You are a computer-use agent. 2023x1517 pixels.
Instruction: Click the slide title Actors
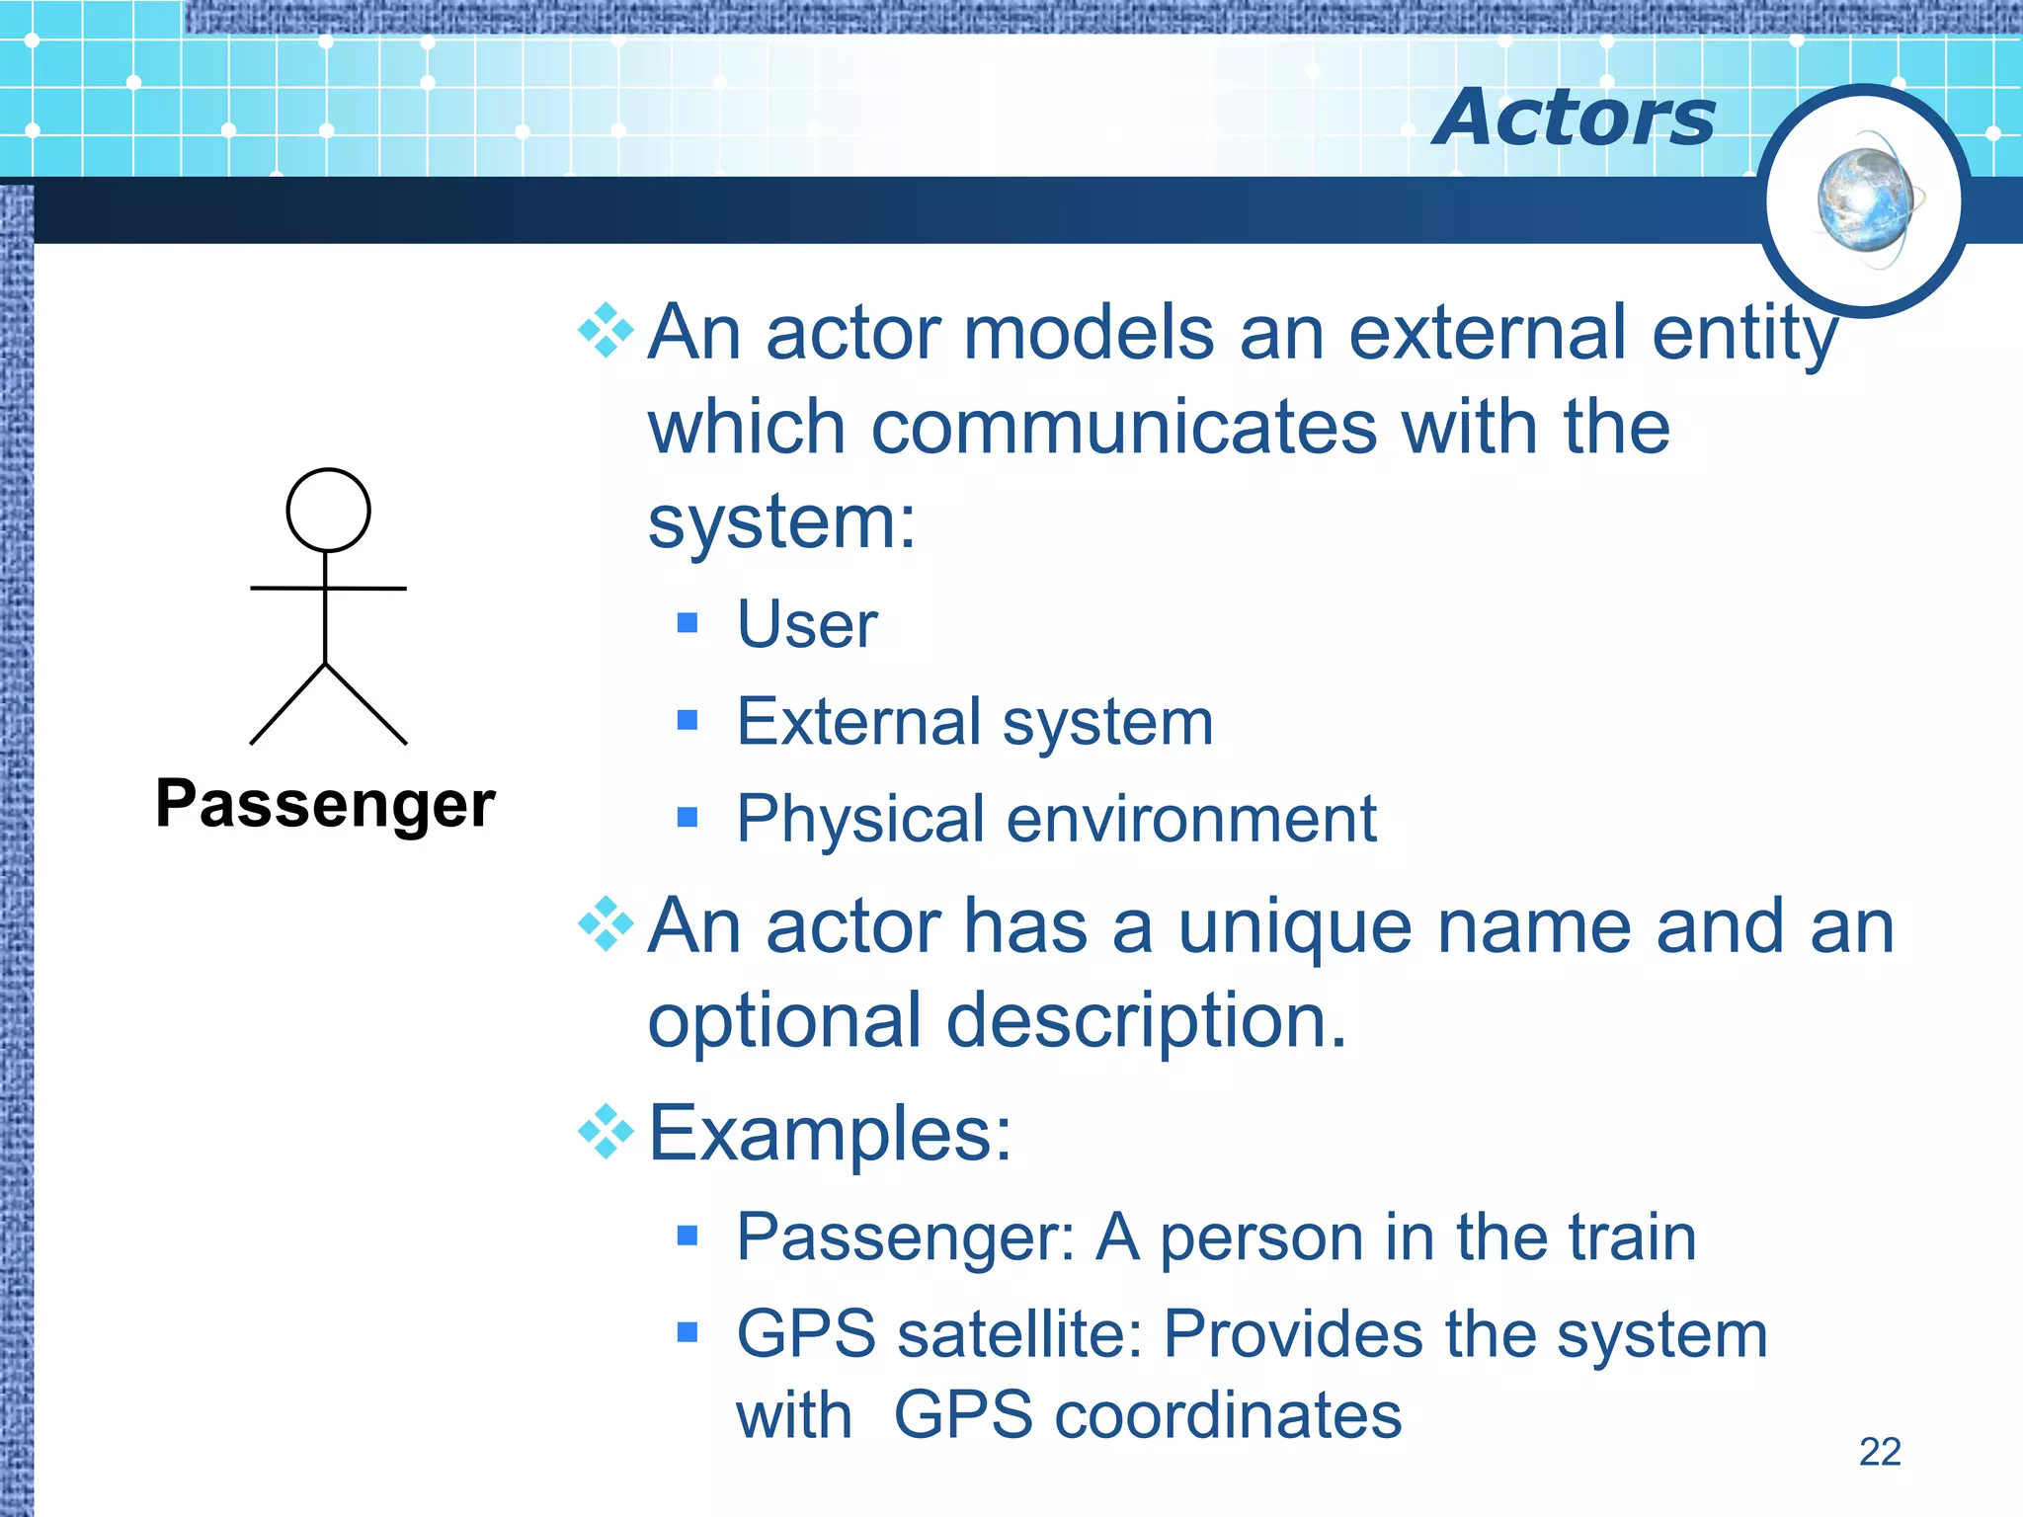click(x=1575, y=118)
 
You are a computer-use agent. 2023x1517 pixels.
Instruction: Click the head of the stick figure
click(x=328, y=510)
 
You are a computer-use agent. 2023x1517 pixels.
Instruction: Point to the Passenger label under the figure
click(x=325, y=804)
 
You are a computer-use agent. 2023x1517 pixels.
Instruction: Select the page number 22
click(x=1879, y=1452)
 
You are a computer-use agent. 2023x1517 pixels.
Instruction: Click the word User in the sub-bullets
click(x=807, y=624)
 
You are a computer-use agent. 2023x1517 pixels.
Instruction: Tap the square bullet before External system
click(x=688, y=720)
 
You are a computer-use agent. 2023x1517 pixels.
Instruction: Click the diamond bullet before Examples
click(x=606, y=1132)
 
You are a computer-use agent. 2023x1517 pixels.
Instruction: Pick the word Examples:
click(x=830, y=1134)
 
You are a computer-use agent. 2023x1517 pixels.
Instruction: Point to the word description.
click(x=1146, y=1021)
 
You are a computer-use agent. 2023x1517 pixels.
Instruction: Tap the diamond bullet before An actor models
click(x=606, y=330)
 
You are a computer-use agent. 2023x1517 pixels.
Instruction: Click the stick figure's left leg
click(x=287, y=704)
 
